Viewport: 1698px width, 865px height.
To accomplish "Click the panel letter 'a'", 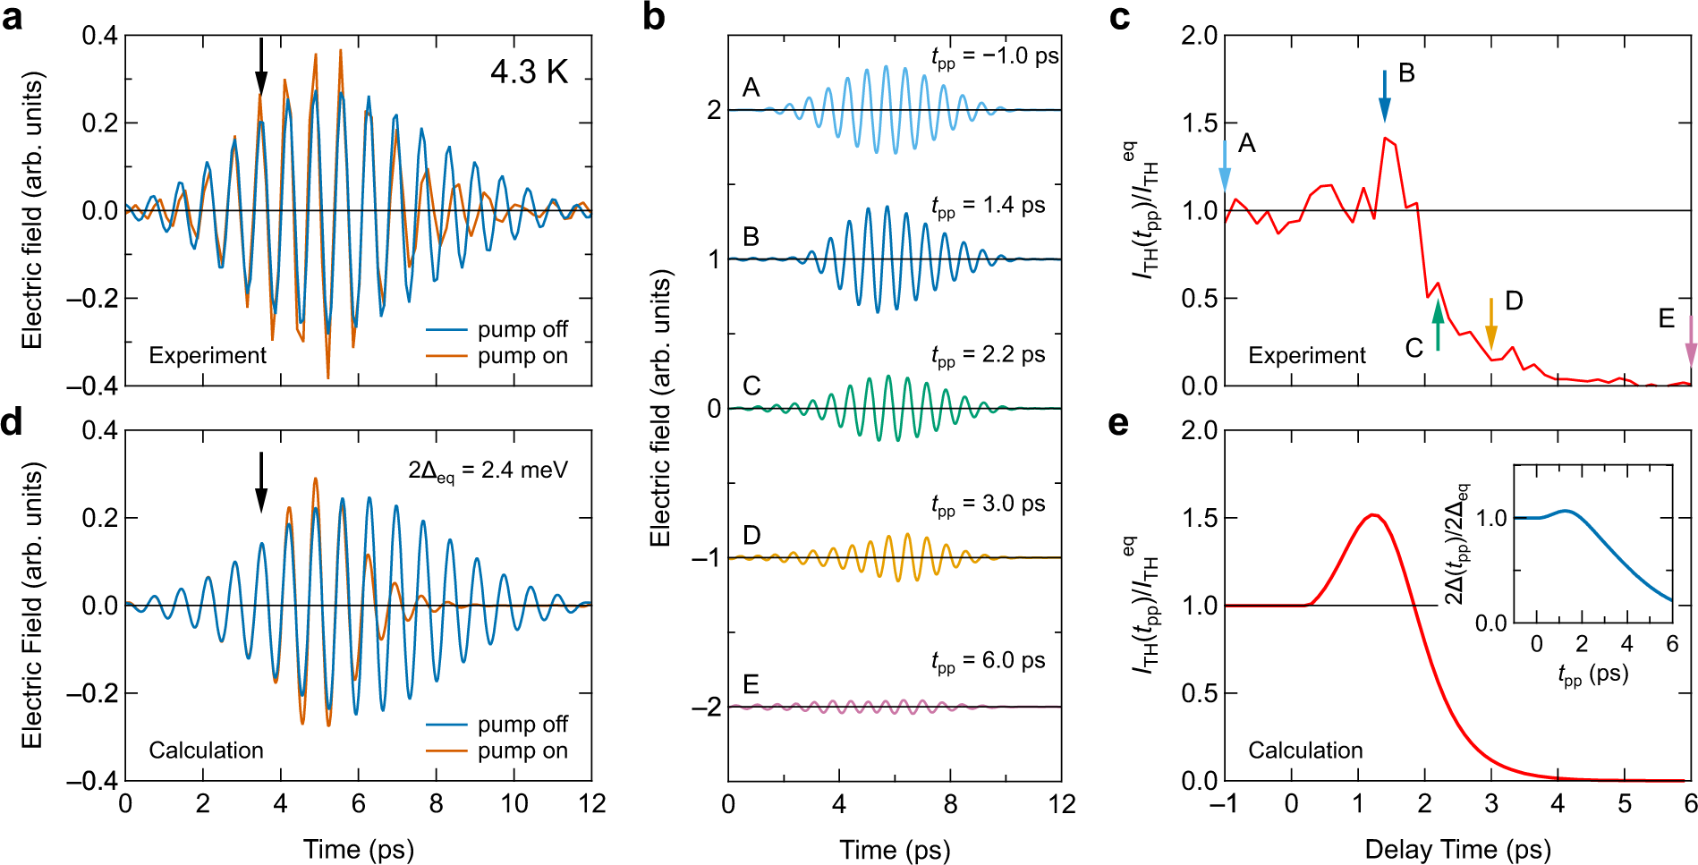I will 13,18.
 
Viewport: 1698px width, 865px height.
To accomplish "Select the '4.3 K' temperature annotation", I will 529,72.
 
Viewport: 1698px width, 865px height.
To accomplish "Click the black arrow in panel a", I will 260,65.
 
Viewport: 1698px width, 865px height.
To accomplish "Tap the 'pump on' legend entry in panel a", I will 522,356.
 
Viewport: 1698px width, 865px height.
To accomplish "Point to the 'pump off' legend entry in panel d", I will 522,724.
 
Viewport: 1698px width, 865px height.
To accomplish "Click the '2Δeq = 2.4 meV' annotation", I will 488,471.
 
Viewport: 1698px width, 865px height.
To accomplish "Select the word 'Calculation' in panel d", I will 206,750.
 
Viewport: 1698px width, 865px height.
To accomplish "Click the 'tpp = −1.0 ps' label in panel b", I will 994,57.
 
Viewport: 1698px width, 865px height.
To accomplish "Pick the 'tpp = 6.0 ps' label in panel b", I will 988,662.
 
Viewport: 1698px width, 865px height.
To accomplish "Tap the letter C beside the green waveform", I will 751,386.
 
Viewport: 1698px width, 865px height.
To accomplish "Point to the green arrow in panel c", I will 1438,325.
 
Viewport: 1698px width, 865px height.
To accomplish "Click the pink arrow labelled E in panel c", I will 1690,342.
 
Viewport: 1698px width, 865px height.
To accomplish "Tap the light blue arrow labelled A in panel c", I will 1225,166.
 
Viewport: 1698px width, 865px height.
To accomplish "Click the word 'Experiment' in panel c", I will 1306,355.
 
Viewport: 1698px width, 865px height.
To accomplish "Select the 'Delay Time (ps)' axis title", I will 1456,849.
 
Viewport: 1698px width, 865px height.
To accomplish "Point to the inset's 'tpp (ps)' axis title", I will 1592,674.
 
